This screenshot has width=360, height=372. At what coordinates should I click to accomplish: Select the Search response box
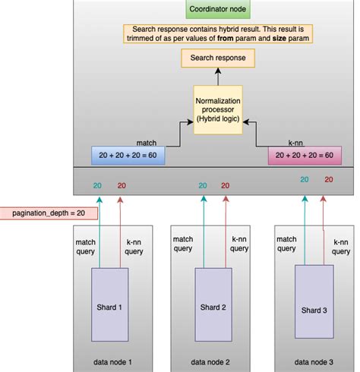(218, 58)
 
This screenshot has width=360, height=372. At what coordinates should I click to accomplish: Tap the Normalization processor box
(218, 112)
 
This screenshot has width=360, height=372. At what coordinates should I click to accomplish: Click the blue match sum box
(128, 155)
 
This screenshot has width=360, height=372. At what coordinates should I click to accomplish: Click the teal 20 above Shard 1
(97, 184)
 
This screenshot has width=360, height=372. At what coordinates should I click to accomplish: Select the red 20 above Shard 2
(225, 184)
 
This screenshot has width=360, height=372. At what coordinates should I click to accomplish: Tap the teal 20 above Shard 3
(305, 179)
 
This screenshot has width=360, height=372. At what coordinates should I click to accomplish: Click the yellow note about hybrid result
(218, 33)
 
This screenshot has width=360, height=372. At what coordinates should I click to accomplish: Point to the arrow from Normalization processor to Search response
(218, 78)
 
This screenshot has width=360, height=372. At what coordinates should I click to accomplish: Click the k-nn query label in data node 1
(134, 246)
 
